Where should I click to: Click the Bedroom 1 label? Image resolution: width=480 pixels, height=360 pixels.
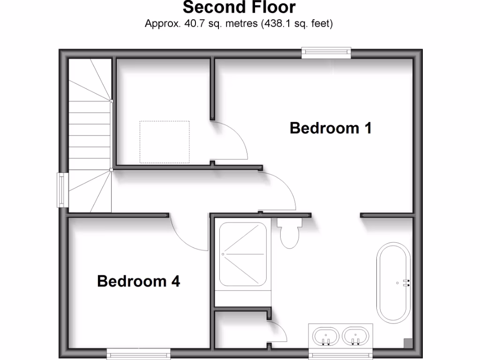(x=330, y=127)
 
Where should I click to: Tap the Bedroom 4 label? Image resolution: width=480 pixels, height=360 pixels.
(x=138, y=281)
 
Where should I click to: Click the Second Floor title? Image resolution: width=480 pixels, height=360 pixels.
(x=239, y=7)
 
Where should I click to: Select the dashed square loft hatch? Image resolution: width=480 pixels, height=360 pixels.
(x=165, y=142)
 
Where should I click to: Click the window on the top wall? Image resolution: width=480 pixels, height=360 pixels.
(x=326, y=52)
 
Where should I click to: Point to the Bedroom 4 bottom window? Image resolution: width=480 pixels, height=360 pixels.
(x=138, y=354)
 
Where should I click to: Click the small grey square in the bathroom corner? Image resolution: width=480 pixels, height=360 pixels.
(x=408, y=343)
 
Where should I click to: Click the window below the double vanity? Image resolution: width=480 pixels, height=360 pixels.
(x=340, y=354)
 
